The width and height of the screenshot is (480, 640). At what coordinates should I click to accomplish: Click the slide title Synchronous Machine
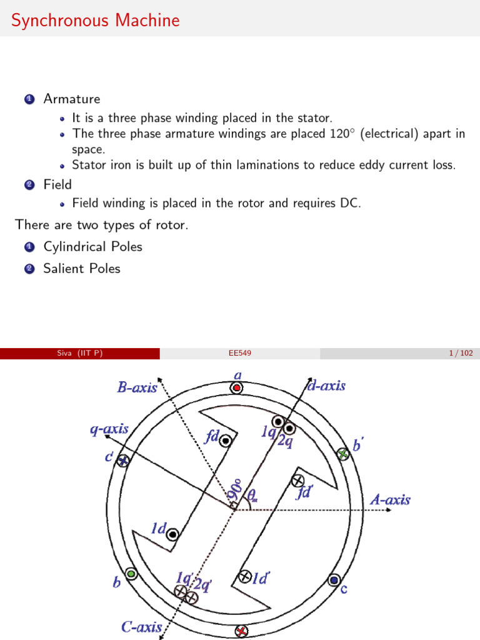[96, 21]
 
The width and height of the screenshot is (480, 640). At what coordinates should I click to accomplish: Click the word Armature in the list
[71, 99]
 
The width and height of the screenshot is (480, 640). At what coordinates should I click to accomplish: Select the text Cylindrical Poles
[92, 246]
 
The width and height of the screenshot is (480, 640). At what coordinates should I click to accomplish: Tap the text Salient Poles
[81, 268]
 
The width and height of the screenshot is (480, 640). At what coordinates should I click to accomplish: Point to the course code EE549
[240, 354]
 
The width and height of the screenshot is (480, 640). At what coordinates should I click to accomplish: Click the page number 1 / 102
[461, 354]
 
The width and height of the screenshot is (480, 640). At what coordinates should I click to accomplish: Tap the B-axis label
[137, 387]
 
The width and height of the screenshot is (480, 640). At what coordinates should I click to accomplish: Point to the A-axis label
[390, 499]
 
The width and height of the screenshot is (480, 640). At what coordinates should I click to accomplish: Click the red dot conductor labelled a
[236, 388]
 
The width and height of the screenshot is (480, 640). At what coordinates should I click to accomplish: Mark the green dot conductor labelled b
[131, 573]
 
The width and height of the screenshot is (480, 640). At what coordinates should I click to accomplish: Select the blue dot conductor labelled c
[334, 581]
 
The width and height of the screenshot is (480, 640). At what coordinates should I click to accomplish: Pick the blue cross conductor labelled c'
[124, 461]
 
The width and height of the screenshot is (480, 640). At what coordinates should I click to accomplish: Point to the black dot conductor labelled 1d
[172, 534]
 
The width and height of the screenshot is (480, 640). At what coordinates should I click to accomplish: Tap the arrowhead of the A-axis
[389, 509]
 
